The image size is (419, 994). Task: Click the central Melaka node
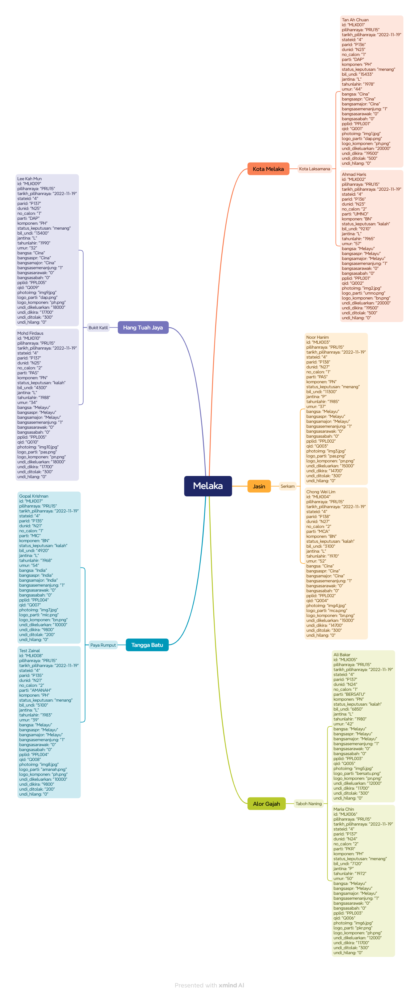tap(208, 486)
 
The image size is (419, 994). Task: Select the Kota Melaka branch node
tap(268, 169)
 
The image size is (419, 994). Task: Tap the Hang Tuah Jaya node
tap(143, 327)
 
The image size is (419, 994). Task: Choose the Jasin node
tap(259, 486)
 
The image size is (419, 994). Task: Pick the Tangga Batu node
tap(147, 645)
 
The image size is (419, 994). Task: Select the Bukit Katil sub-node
tap(98, 328)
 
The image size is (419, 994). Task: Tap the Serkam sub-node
tap(287, 486)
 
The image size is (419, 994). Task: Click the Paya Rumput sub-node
tap(103, 645)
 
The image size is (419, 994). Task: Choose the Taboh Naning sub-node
tap(308, 803)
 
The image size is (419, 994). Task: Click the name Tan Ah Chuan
tap(355, 20)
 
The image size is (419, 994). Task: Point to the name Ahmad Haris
tap(354, 174)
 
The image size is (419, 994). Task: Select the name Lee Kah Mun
tap(29, 179)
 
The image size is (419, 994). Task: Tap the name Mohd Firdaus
tap(30, 333)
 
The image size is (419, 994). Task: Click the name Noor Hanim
tap(317, 337)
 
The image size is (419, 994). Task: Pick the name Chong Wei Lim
tap(320, 492)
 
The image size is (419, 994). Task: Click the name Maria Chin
tap(343, 809)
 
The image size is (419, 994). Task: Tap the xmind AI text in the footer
tap(231, 985)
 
